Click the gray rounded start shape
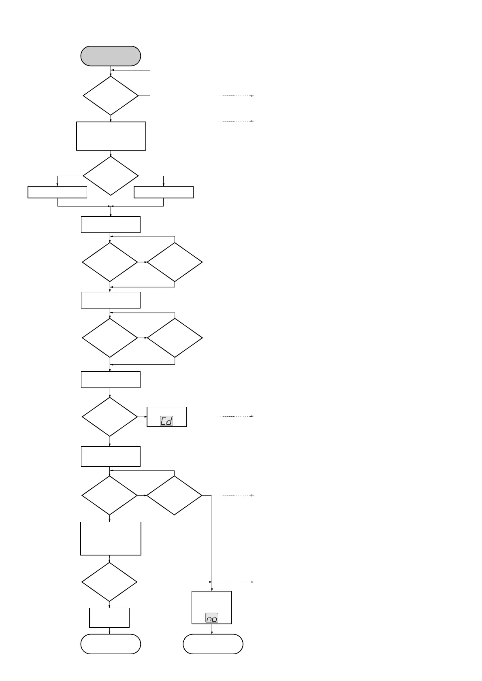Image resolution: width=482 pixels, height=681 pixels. (111, 56)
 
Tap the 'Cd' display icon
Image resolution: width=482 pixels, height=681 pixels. (166, 421)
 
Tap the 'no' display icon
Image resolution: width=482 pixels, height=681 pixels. (211, 618)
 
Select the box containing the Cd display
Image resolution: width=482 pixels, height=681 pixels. (166, 417)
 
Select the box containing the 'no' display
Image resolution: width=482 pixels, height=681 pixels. (211, 607)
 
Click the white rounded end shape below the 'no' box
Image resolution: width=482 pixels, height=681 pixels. (213, 644)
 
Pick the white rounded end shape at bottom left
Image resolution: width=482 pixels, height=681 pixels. (111, 644)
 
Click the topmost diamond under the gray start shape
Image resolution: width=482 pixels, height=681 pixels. (111, 96)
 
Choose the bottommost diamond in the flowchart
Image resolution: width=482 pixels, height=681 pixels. (109, 582)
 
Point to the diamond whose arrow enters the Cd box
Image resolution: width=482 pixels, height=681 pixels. (110, 417)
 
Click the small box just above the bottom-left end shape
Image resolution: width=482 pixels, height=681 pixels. (109, 617)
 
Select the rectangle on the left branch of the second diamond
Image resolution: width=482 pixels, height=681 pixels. (58, 192)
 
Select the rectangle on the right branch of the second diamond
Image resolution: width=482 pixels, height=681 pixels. (163, 192)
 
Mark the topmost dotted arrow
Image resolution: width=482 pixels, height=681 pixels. (235, 96)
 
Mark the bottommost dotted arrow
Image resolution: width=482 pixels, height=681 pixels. (235, 582)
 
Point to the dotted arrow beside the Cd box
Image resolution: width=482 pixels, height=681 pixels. (235, 416)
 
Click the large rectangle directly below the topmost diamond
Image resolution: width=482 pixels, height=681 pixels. (111, 136)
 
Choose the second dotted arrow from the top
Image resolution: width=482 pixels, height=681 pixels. (235, 121)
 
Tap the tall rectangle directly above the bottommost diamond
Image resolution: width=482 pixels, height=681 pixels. (111, 538)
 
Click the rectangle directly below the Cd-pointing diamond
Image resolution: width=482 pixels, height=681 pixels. (111, 456)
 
